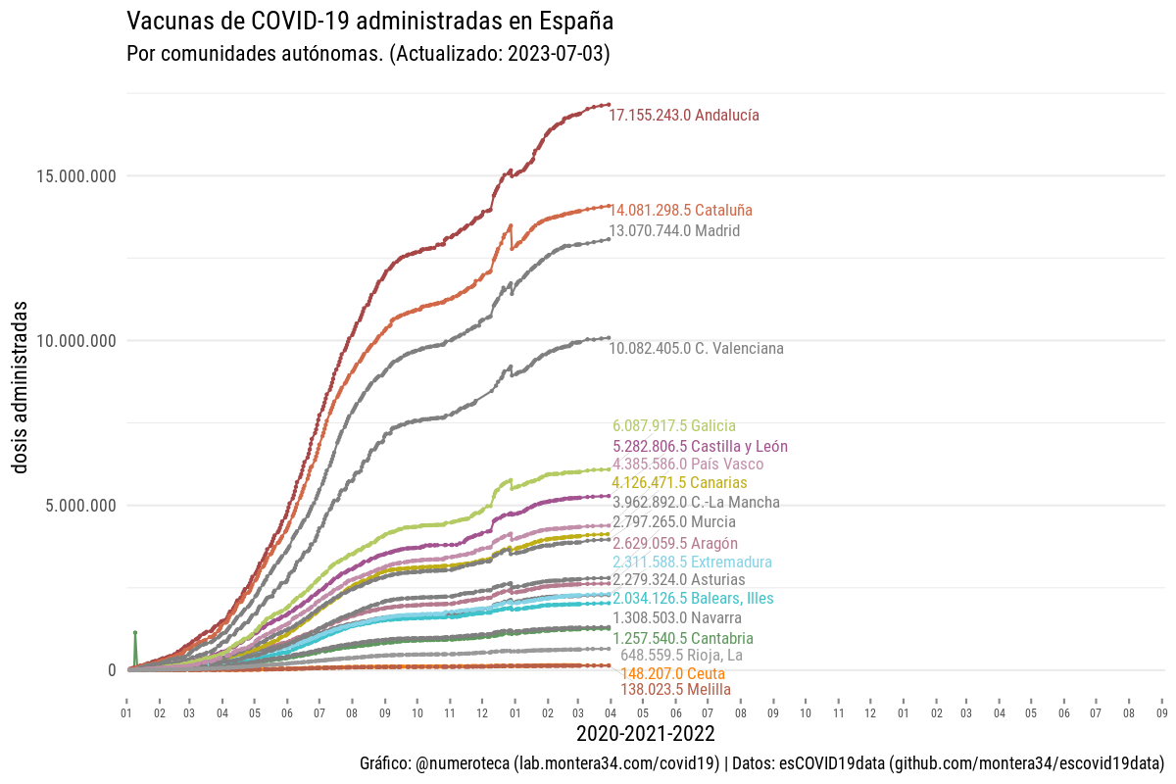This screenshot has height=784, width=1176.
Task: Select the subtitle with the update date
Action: (368, 54)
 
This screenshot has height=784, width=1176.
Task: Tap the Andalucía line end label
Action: (684, 116)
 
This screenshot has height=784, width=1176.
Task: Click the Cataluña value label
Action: (681, 210)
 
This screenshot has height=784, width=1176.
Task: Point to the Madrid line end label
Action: (674, 231)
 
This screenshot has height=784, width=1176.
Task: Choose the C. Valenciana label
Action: (696, 348)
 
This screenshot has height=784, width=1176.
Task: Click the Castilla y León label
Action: (700, 446)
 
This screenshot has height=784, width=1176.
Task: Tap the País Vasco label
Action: (688, 464)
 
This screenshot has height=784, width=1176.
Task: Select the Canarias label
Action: (679, 483)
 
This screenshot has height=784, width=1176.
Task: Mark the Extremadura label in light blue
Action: (692, 563)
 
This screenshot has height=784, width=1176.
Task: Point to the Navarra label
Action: (677, 618)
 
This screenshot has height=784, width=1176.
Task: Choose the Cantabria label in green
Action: (683, 639)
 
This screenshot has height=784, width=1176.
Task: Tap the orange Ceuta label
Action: (673, 674)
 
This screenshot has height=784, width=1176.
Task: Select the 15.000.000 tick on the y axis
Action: (76, 176)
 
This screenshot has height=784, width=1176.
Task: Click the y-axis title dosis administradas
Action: (21, 387)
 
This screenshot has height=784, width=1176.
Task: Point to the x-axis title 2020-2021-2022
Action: (645, 733)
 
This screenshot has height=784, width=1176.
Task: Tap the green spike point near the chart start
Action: (135, 633)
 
